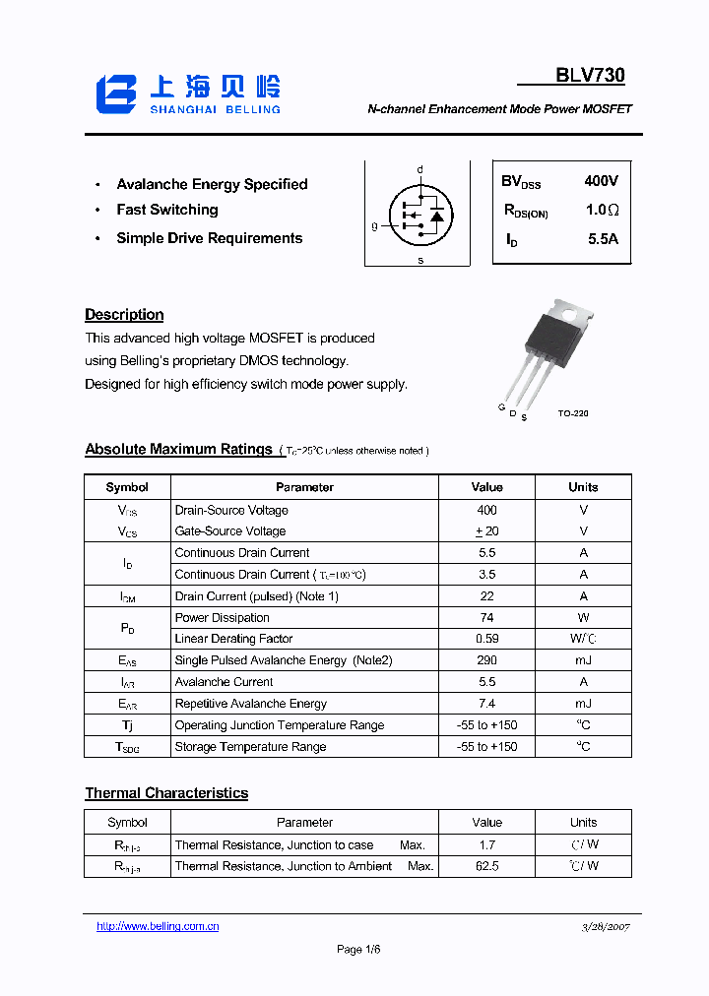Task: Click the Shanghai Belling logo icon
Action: pos(116,93)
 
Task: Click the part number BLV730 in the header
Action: pos(590,76)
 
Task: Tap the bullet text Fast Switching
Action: pos(166,210)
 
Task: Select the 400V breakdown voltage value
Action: pos(601,181)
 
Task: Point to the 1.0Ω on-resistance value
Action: pos(601,210)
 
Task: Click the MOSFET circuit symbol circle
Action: pos(419,214)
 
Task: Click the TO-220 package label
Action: pos(572,413)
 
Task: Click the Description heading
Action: pos(124,315)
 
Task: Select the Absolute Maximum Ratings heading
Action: pos(178,449)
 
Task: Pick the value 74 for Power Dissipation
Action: pos(486,618)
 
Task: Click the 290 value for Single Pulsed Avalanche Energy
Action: pos(486,660)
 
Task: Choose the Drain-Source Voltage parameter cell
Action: pos(231,510)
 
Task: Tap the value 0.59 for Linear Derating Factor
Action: pos(486,639)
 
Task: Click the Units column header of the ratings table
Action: pos(583,487)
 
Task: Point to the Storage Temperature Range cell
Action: pos(250,747)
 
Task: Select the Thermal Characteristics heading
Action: pos(166,793)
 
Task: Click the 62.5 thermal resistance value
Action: pos(486,866)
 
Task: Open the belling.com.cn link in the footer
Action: pos(158,926)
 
